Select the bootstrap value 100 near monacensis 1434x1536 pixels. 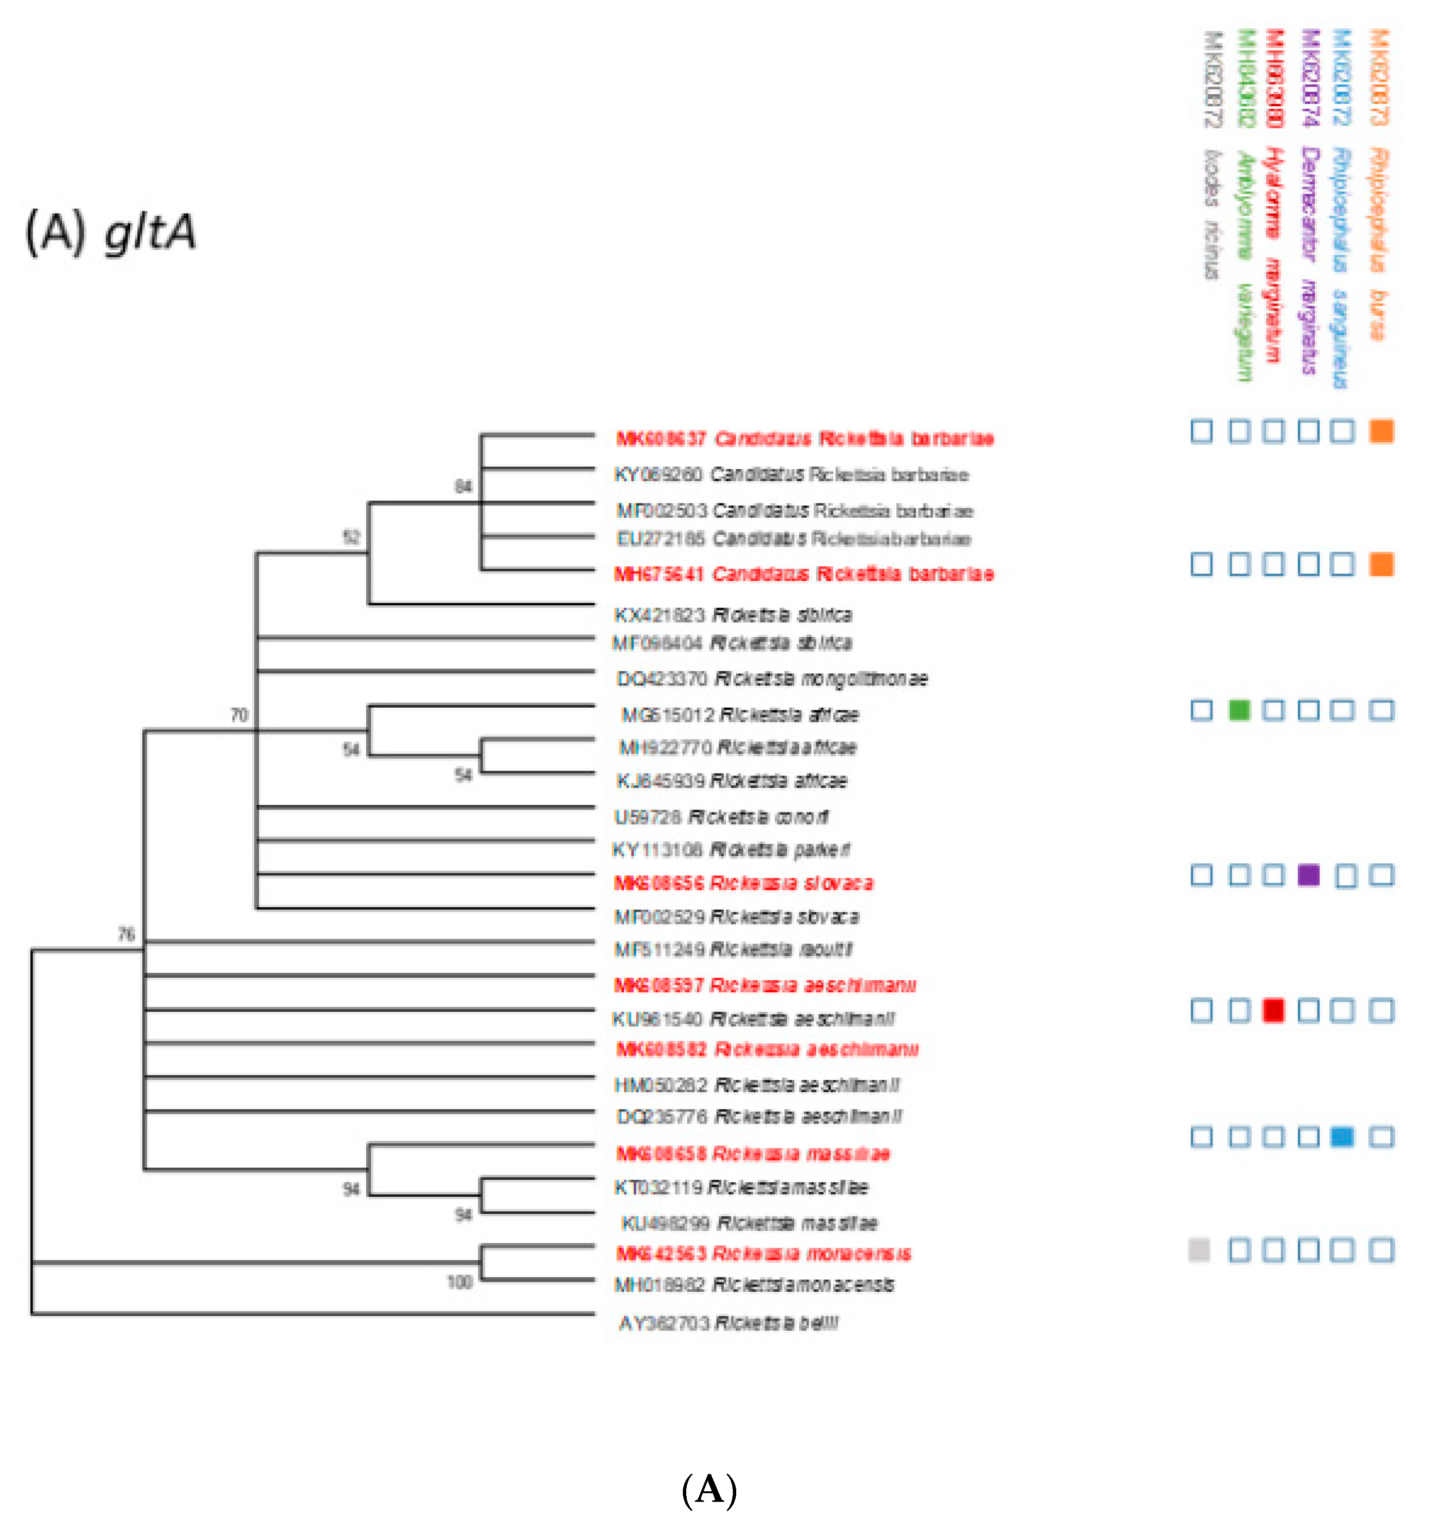point(459,1283)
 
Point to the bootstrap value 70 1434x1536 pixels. point(239,715)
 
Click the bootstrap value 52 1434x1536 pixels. point(351,537)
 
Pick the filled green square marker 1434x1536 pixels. point(1238,710)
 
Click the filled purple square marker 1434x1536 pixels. point(1308,874)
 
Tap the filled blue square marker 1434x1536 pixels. point(1343,1136)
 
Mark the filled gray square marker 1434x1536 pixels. point(1199,1250)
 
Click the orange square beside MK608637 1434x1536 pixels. point(1382,431)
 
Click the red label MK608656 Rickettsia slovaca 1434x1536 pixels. point(743,883)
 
